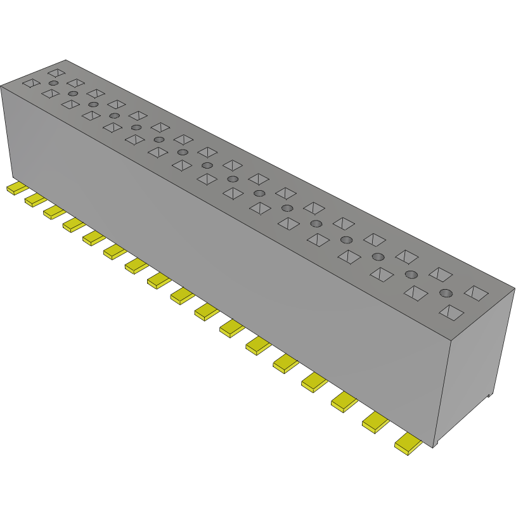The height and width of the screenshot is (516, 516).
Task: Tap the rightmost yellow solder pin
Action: (408, 444)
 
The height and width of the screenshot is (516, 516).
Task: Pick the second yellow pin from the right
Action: (375, 422)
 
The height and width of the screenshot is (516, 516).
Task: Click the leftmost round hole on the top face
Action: (54, 84)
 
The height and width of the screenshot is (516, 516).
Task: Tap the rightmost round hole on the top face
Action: (446, 293)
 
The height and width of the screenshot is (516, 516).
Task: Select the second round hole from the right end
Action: (411, 274)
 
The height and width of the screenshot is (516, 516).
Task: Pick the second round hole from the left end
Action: (73, 94)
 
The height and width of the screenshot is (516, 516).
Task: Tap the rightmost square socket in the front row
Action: (452, 312)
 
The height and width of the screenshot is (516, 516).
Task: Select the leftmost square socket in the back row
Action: (56, 73)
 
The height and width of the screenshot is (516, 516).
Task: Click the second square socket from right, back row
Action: (440, 274)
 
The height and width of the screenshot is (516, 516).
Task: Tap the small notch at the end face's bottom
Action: (489, 395)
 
